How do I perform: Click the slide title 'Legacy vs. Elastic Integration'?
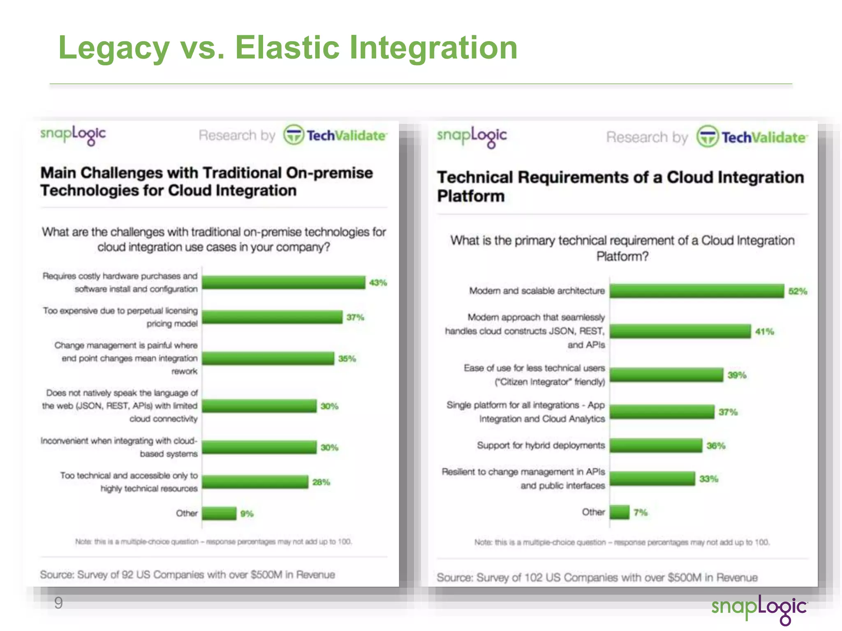coord(288,48)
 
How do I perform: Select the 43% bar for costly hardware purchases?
coord(283,282)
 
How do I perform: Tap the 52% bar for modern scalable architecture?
coord(696,291)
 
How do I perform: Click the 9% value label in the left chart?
coord(247,514)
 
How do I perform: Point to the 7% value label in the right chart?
coord(640,512)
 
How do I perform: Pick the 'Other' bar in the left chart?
coord(219,514)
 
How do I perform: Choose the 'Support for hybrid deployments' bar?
coord(656,445)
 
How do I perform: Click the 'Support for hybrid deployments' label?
coord(541,445)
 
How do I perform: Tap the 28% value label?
coord(321,482)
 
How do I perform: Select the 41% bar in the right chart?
coord(680,331)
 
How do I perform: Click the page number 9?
coord(58,603)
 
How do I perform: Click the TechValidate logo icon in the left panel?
coord(294,135)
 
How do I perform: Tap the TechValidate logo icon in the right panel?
coord(708,136)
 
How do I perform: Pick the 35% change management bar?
coord(268,358)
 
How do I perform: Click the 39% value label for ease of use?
coord(737,375)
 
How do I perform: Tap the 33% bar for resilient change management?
coord(652,479)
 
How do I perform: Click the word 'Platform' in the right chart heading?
coord(471,196)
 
